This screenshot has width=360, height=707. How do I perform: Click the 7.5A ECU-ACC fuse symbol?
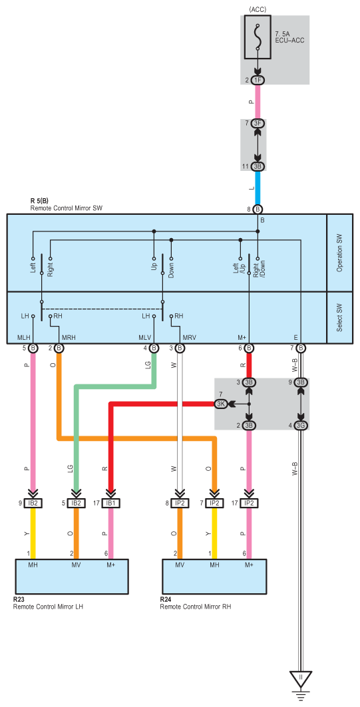coord(258,38)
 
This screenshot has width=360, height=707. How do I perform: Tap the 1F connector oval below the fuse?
coord(258,80)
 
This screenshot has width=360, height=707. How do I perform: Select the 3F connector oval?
coord(258,124)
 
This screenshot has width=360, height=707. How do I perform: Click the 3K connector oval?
coord(221,404)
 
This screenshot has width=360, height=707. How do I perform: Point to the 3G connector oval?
coord(301,425)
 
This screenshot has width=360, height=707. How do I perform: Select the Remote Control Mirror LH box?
coord(72,577)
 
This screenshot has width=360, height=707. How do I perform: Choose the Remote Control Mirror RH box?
coord(214,577)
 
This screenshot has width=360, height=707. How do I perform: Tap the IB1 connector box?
coord(110,503)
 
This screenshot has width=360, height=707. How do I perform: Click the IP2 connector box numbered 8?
coord(180,503)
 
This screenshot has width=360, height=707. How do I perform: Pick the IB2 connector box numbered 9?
coord(33,503)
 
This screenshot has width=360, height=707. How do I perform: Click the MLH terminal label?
coord(23,337)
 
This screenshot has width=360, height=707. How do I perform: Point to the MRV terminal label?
coord(189,337)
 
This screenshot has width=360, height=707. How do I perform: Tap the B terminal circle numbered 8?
coord(258,209)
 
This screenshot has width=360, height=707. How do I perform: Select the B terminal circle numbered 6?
coord(249,348)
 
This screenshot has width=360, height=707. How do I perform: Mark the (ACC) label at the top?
coord(258,9)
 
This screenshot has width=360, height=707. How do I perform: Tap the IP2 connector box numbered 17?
coord(249,503)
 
